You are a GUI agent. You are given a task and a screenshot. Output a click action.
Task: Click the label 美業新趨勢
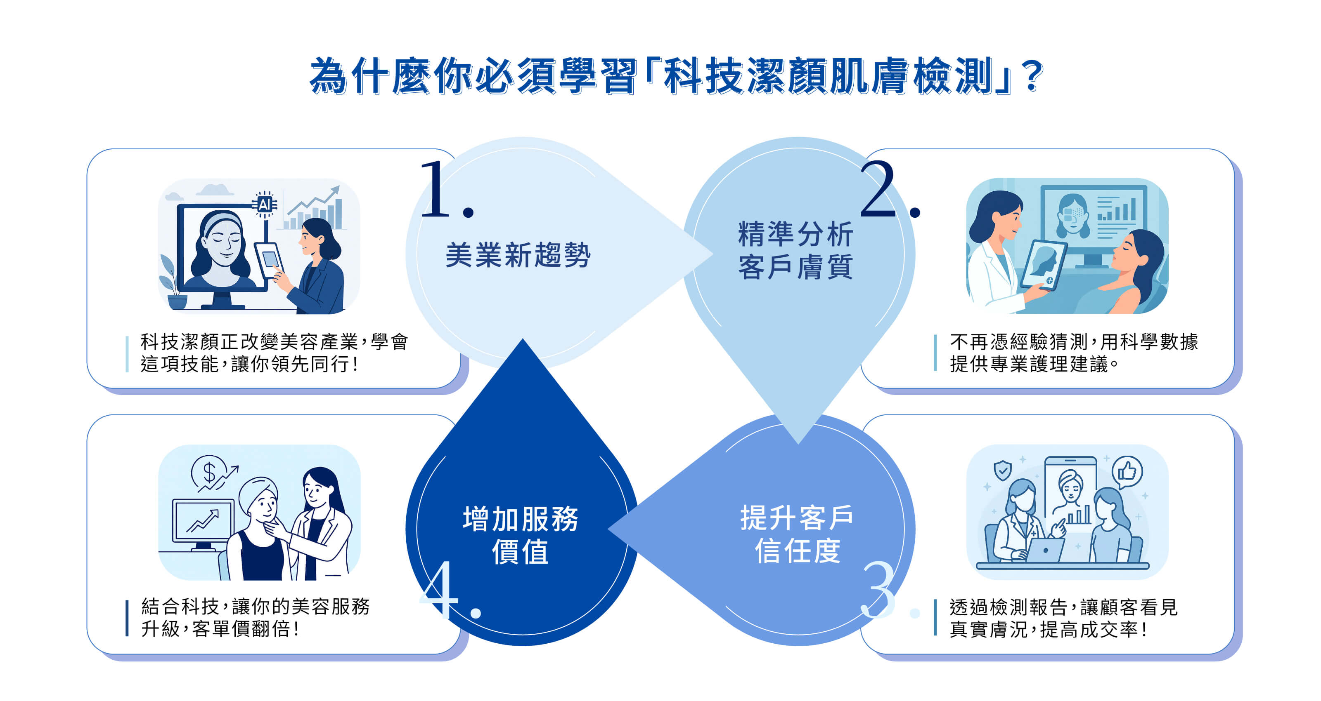518,255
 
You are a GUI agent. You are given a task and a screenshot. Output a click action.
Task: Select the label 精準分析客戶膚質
795,250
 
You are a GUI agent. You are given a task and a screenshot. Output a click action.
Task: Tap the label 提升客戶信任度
796,534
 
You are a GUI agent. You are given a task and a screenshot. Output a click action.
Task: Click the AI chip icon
265,205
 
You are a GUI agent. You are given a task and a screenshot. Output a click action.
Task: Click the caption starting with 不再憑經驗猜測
1073,353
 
